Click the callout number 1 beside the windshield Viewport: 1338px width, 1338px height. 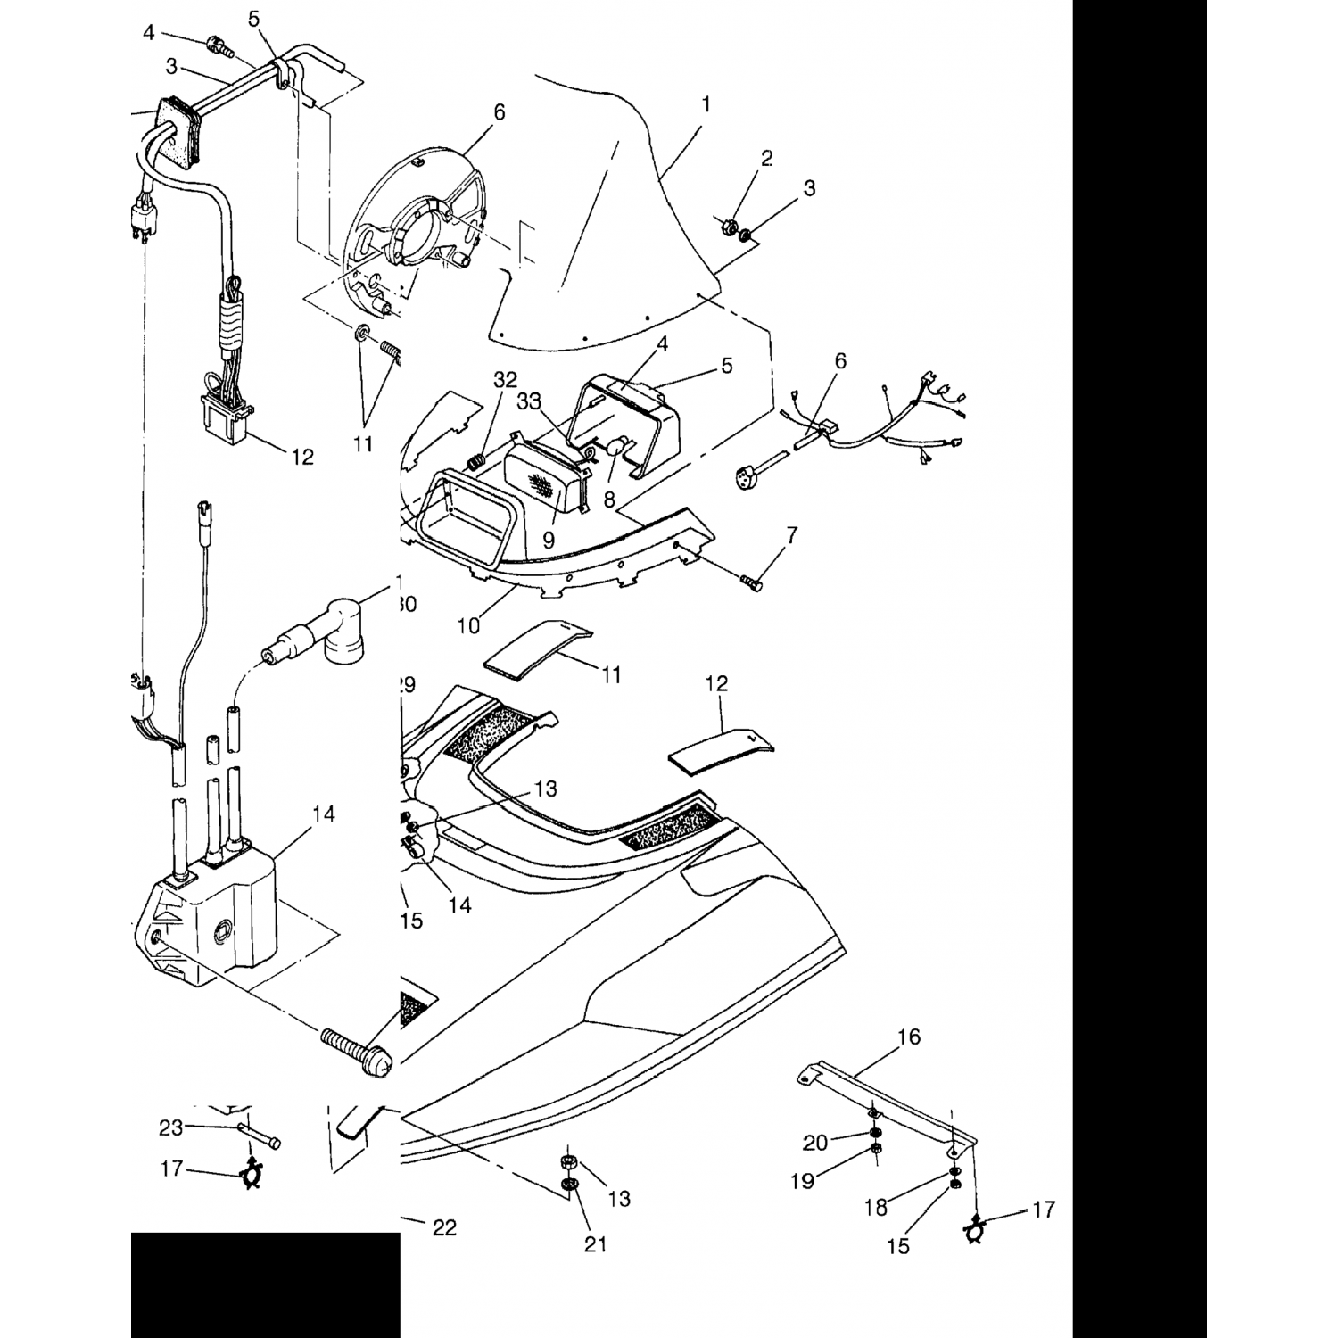tap(706, 105)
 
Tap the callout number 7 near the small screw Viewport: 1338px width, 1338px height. tap(791, 535)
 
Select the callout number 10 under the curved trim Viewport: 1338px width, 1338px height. tap(468, 625)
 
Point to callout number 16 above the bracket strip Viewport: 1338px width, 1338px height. tap(909, 1037)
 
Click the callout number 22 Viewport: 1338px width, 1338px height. tap(444, 1228)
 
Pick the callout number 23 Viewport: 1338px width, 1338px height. tap(170, 1127)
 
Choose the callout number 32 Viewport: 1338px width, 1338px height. tap(505, 379)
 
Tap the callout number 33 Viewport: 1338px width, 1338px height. tap(529, 401)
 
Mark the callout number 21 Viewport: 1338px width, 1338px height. tap(595, 1243)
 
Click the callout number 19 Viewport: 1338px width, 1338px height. tap(802, 1181)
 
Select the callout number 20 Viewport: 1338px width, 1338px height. tap(815, 1142)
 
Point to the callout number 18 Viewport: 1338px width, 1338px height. tap(875, 1208)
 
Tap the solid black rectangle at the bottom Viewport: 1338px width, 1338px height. tap(265, 1284)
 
